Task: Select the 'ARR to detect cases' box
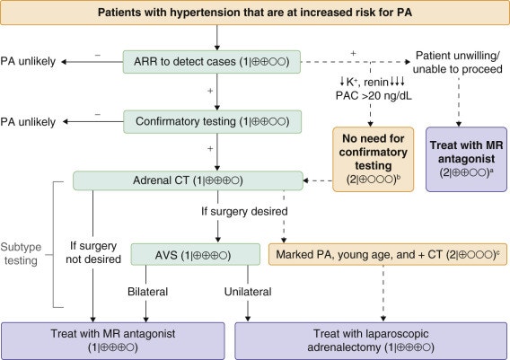pos(216,61)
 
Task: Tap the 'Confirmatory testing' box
pos(216,119)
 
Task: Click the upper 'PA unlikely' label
pos(28,61)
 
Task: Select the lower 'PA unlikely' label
pos(28,119)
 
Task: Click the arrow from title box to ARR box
pos(216,39)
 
